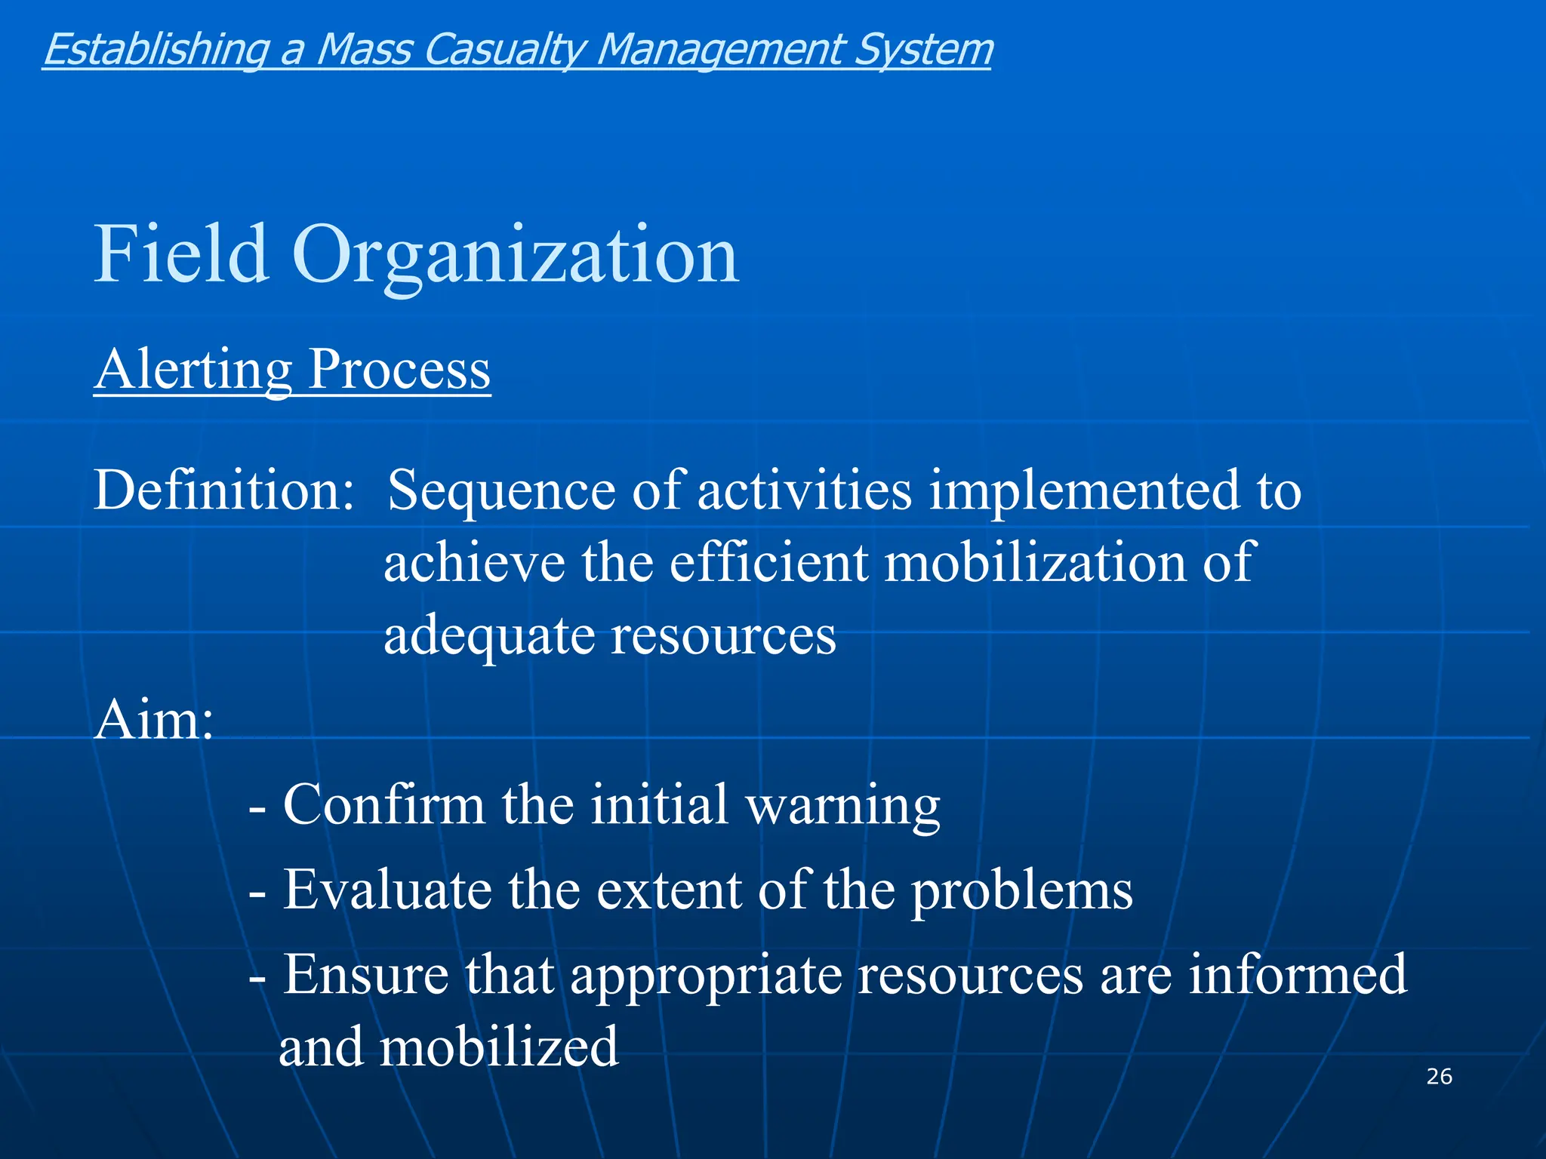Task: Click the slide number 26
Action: coord(1439,1076)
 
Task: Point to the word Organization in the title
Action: coord(515,257)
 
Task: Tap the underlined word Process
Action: coord(399,370)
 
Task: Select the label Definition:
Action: coord(223,490)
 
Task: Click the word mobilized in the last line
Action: coord(498,1047)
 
